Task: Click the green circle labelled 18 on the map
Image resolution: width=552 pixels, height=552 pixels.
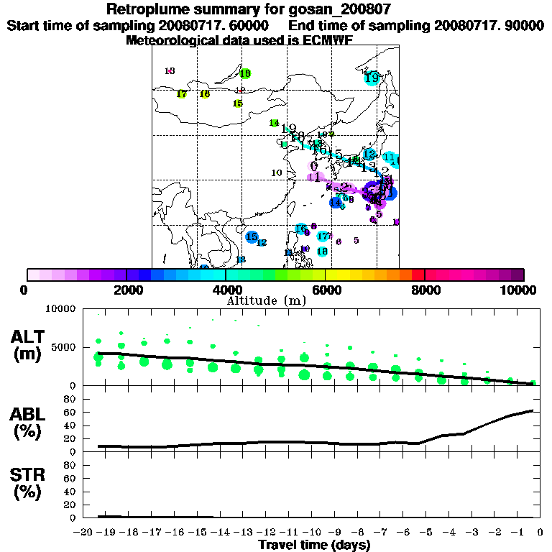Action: click(x=245, y=73)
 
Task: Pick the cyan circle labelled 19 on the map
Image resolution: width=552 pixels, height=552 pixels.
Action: click(x=372, y=77)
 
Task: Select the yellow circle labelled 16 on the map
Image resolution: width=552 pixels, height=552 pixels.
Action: click(x=205, y=94)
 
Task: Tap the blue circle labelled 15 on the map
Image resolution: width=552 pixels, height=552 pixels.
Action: click(x=252, y=236)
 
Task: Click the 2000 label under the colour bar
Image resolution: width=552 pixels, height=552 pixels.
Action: click(x=126, y=290)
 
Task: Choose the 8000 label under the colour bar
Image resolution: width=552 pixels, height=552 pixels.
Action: click(x=425, y=290)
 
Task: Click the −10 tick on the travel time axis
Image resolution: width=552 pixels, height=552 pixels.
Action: click(x=312, y=532)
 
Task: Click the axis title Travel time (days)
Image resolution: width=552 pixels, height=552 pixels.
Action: click(x=315, y=545)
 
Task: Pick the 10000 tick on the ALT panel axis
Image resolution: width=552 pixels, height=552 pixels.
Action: click(x=60, y=309)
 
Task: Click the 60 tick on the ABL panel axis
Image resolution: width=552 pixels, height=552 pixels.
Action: click(x=70, y=412)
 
